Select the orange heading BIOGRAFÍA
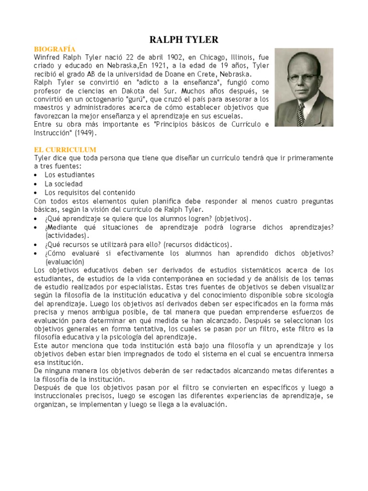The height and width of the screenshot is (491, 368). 55,49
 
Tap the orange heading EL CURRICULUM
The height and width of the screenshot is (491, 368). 65,150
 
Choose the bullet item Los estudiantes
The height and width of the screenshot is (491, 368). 69,175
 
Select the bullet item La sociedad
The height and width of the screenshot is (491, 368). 64,184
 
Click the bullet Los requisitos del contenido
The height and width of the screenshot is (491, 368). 90,192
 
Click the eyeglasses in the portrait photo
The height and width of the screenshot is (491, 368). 302,76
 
